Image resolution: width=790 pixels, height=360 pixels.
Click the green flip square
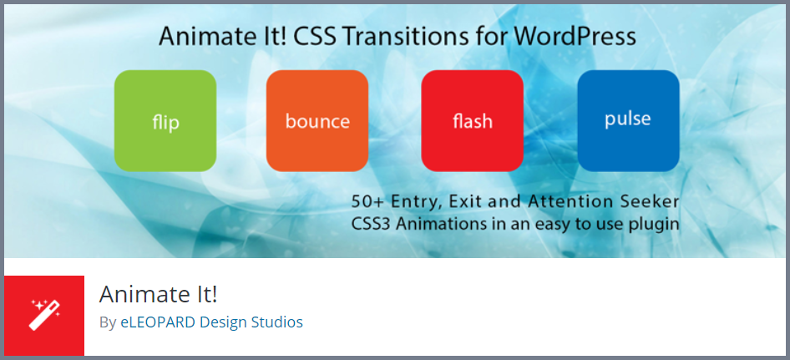click(x=165, y=120)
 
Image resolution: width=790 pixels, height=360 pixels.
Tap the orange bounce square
click(x=317, y=120)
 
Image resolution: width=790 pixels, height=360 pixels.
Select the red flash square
click(x=473, y=120)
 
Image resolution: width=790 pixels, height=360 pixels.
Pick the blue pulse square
click(x=628, y=120)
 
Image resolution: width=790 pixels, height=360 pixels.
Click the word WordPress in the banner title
click(x=575, y=37)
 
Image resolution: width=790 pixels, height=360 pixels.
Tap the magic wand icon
click(x=45, y=315)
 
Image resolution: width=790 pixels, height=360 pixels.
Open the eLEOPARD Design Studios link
click(x=211, y=322)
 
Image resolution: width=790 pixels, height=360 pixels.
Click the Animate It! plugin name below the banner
click(x=158, y=295)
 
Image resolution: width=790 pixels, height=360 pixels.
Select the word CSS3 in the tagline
click(x=371, y=223)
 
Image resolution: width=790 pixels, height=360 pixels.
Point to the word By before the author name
click(x=108, y=322)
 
